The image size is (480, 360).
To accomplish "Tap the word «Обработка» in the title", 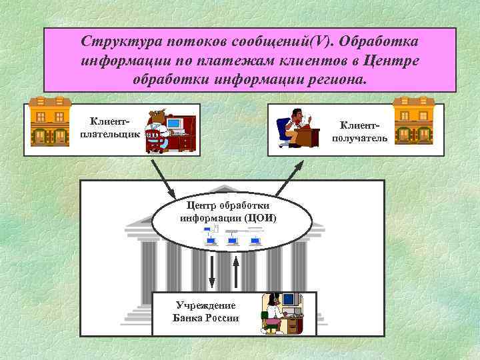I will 377,41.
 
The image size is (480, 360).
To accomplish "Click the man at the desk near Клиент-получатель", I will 293,125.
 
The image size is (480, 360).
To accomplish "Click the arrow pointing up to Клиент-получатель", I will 289,173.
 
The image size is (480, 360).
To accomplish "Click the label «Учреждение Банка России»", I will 205,312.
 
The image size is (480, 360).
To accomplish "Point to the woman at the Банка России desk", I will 272,313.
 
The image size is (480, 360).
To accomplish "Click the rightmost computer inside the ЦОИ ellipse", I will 254,237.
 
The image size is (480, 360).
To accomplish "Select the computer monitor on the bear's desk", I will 175,123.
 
